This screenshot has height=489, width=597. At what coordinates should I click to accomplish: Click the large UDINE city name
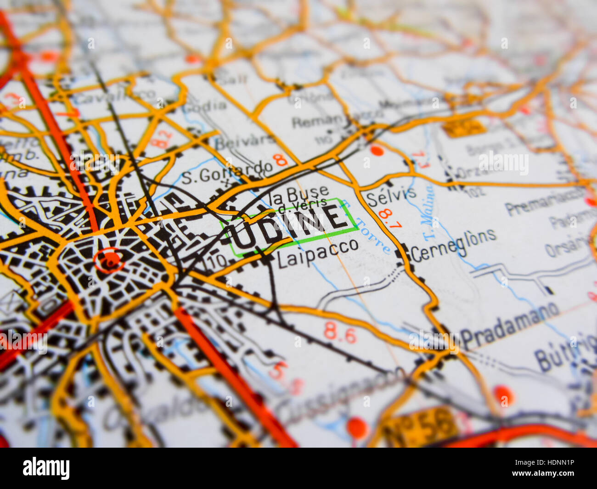[x=289, y=226]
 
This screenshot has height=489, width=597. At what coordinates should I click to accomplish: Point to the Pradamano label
[x=510, y=325]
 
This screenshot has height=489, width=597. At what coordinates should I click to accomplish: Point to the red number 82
[x=162, y=139]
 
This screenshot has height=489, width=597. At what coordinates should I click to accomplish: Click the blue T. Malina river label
[x=428, y=212]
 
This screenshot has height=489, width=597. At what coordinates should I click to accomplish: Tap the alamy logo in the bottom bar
[x=46, y=468]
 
